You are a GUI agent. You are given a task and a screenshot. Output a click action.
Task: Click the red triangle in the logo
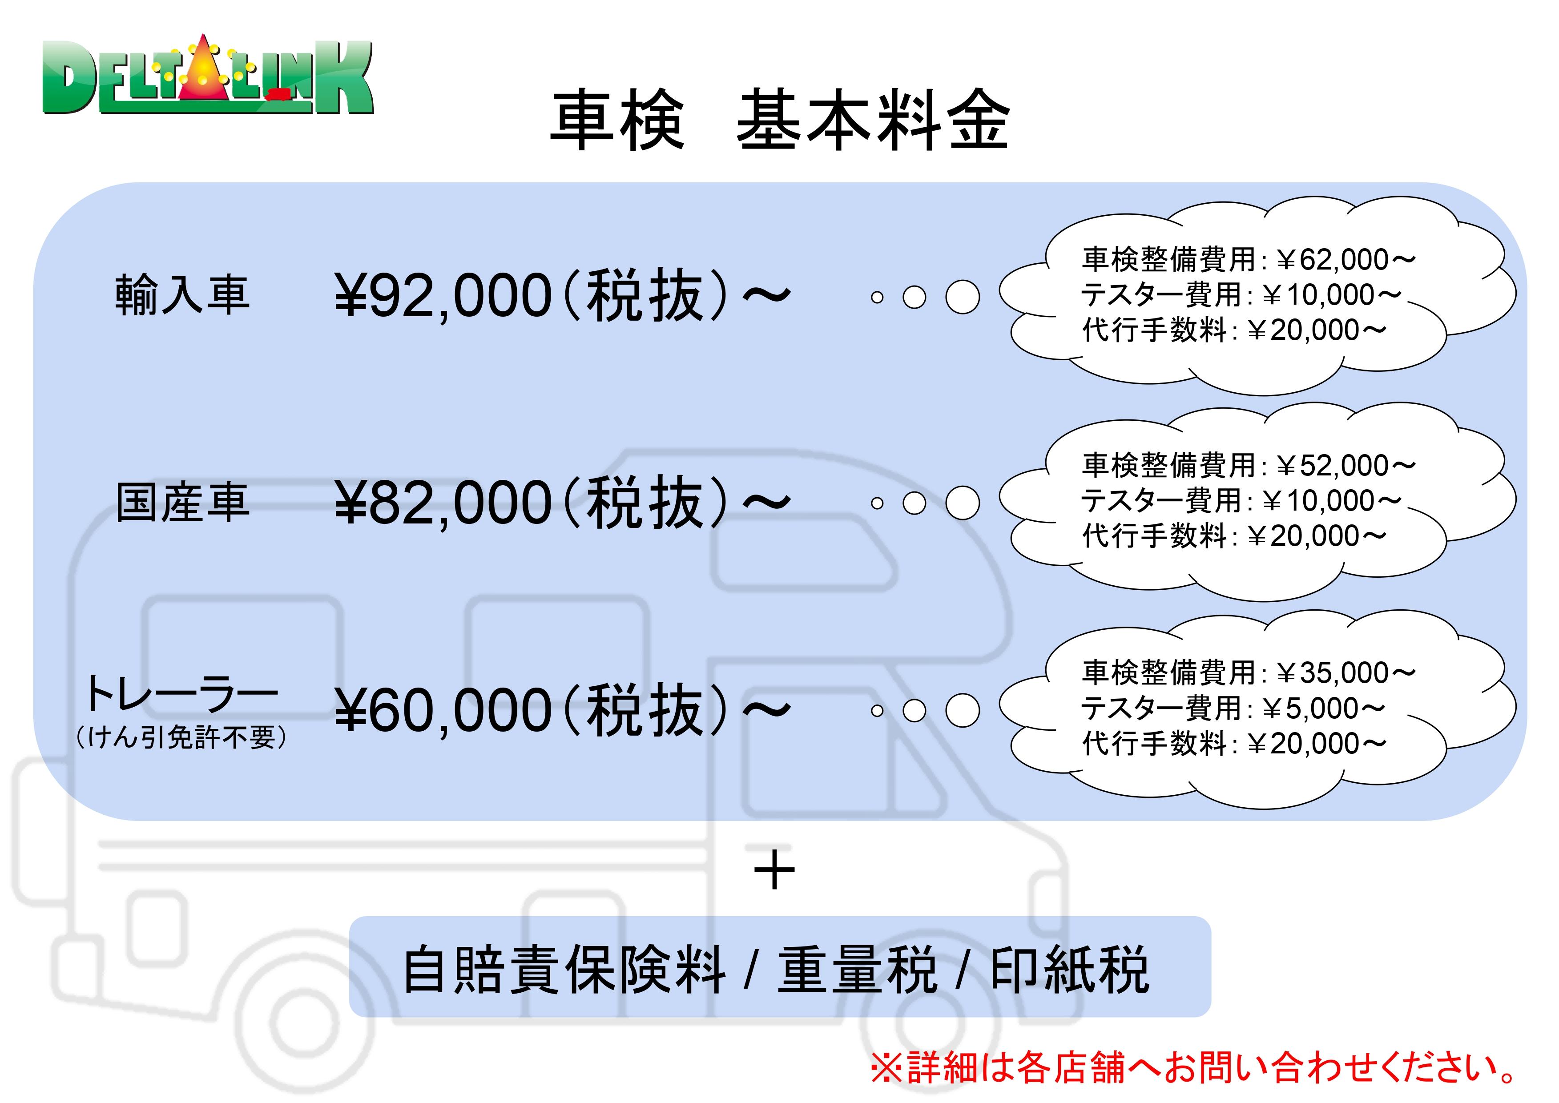(203, 71)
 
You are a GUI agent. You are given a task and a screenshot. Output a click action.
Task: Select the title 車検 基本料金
(779, 121)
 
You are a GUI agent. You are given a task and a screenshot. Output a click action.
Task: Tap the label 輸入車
(182, 295)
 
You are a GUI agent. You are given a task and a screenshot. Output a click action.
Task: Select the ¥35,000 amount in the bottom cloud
(1345, 673)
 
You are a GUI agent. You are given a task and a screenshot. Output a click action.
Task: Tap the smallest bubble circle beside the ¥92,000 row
(877, 298)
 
